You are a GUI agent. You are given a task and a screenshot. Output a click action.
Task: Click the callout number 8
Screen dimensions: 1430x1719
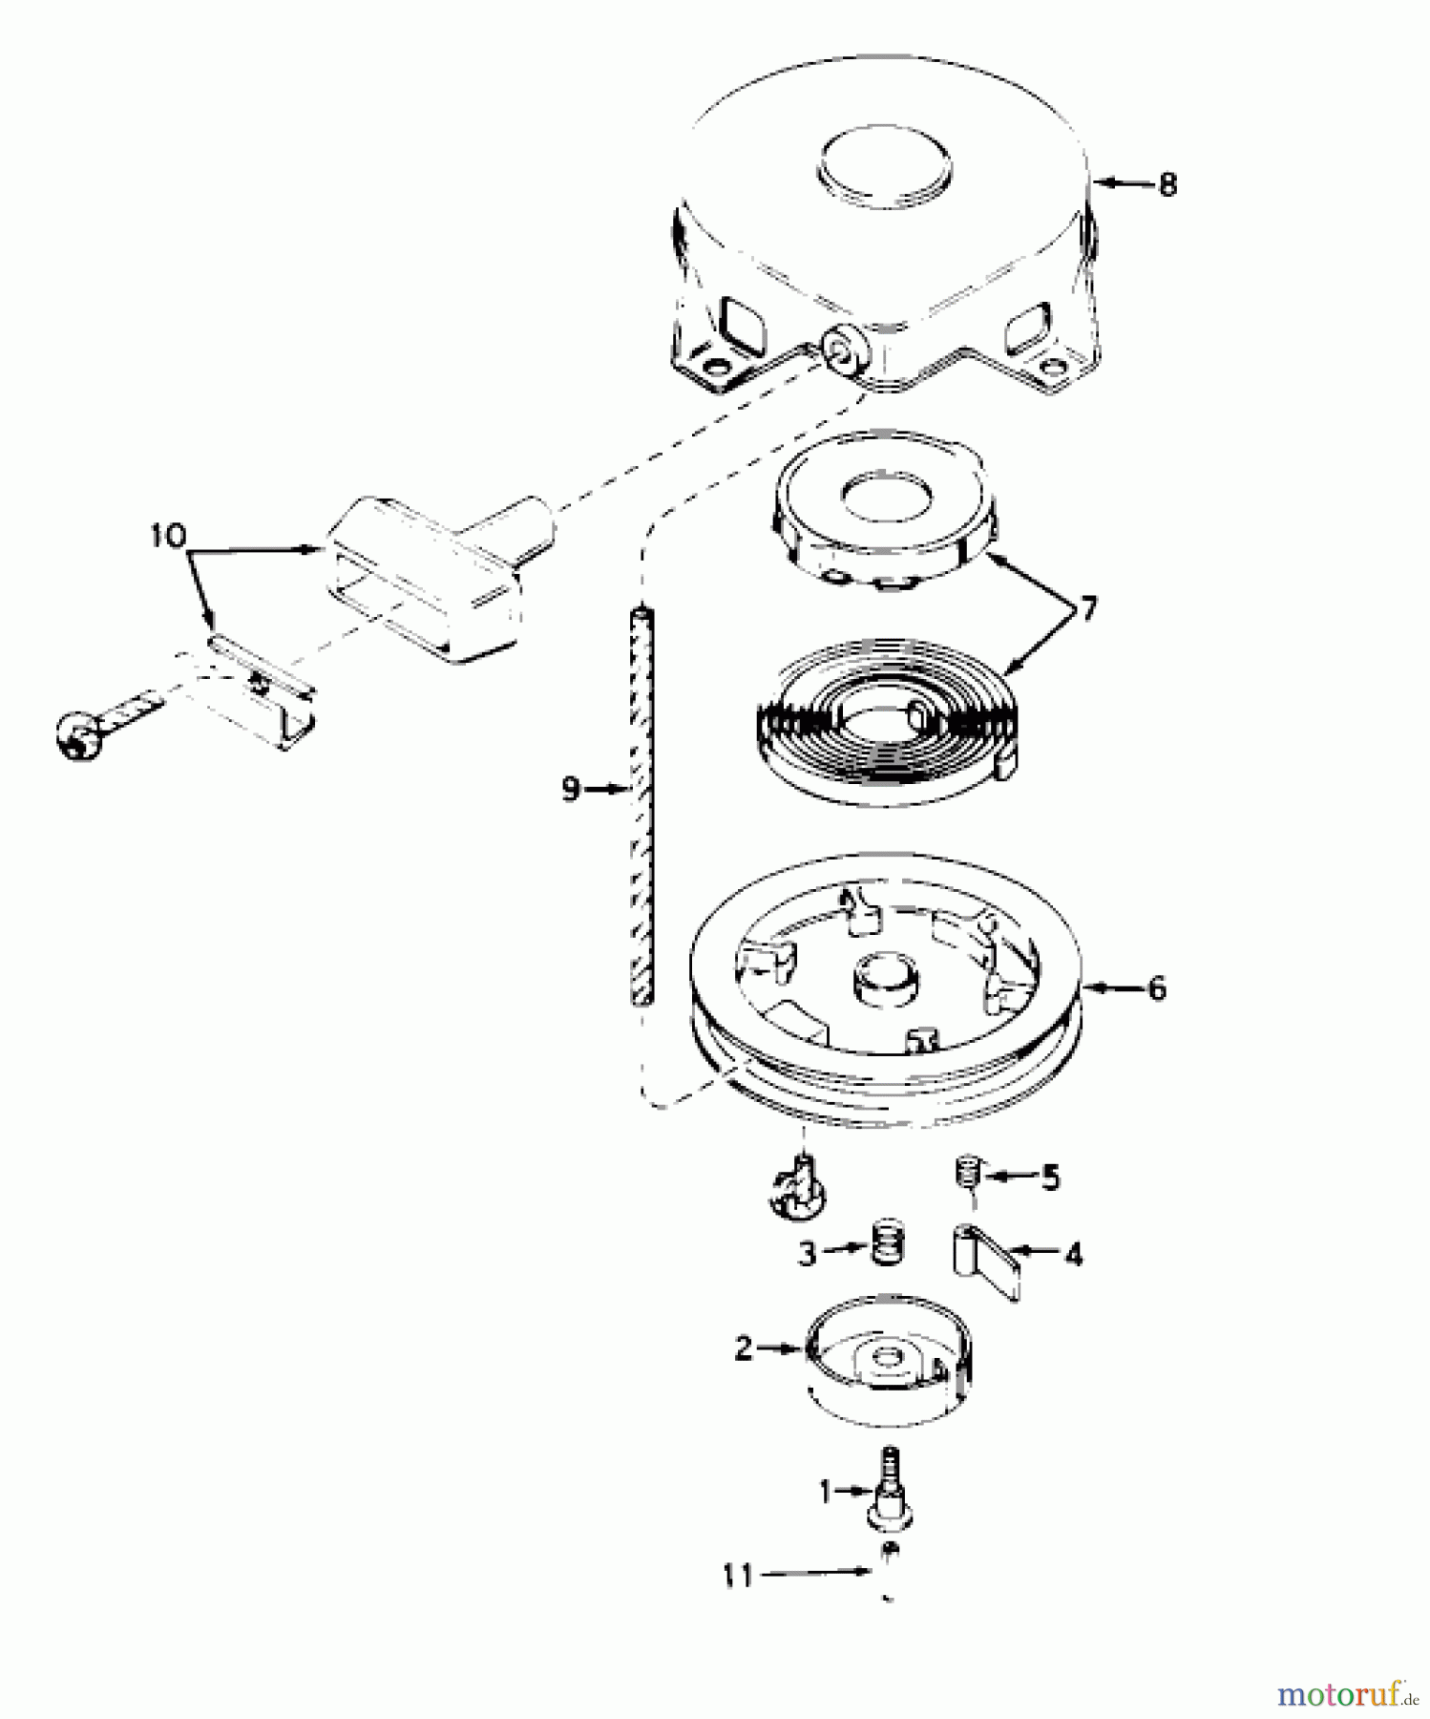[x=1167, y=183]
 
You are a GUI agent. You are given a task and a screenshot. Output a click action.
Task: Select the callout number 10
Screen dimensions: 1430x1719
[x=168, y=536]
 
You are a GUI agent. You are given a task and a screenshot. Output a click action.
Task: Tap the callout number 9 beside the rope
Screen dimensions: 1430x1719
[x=571, y=790]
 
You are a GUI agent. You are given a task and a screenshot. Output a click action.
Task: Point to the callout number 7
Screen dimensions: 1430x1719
[x=1087, y=608]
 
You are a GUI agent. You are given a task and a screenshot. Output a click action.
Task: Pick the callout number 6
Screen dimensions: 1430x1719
[x=1157, y=987]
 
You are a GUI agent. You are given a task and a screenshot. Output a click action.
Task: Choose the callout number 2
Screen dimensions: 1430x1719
[x=745, y=1348]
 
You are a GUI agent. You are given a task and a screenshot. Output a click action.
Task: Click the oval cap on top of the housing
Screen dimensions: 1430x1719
[x=886, y=168]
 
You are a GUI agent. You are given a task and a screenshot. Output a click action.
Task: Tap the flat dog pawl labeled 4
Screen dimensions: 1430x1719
[x=985, y=1261]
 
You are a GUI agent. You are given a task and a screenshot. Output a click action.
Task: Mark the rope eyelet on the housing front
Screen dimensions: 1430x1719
[x=846, y=351]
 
